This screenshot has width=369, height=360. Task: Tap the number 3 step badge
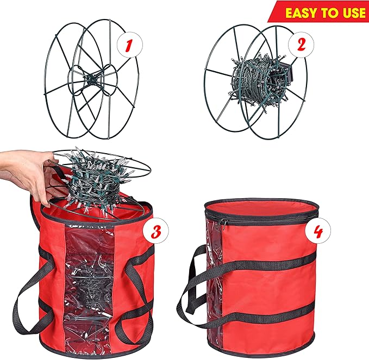pos(155,232)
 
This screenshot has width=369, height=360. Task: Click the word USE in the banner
pos(351,11)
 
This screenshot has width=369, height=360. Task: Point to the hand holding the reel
pos(24,174)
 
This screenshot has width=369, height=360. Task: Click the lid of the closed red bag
pos(259,207)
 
